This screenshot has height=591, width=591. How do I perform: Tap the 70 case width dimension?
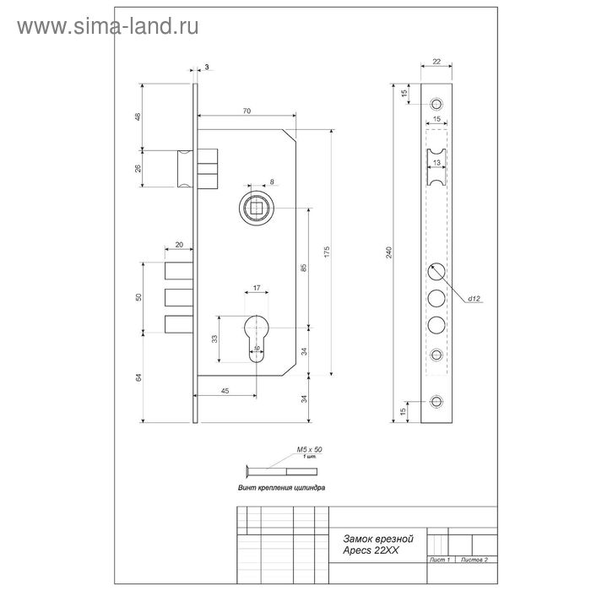pyautogui.click(x=246, y=111)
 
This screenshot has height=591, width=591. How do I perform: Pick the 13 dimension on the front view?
pyautogui.click(x=436, y=160)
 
